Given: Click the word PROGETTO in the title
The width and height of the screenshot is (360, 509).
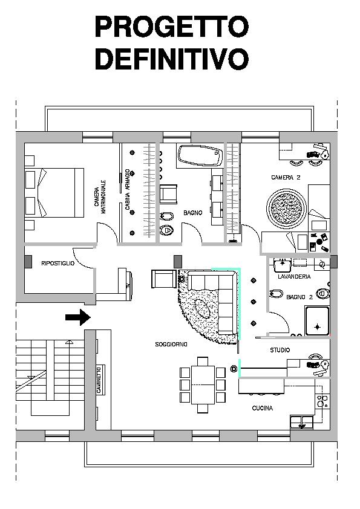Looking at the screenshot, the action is click(x=172, y=27).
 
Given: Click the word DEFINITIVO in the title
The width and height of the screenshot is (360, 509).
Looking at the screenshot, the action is click(x=172, y=59).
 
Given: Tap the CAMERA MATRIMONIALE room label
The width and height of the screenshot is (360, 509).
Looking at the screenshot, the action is click(x=100, y=196).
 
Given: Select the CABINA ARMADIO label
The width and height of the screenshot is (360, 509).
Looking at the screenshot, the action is click(x=128, y=190).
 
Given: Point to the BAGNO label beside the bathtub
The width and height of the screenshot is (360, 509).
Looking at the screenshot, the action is click(x=192, y=213).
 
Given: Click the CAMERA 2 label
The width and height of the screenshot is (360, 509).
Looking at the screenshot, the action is click(x=286, y=178).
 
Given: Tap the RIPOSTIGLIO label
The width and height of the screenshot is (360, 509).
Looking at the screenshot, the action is click(x=58, y=263).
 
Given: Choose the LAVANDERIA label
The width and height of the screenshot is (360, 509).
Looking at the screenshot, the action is click(x=294, y=277).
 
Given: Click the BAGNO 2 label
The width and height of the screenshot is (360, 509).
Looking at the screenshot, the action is click(x=299, y=297).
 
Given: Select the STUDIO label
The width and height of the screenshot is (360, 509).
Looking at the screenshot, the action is click(x=280, y=350).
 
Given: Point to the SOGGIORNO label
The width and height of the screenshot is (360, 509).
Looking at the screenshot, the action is click(x=171, y=345).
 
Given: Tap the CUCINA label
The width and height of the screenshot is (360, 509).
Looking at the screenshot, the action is click(x=263, y=408).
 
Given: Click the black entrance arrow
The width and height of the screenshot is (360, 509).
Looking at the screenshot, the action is click(x=78, y=317).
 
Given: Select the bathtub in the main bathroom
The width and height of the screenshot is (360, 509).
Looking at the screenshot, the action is click(x=200, y=156).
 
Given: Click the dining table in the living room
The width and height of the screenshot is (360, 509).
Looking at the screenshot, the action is click(x=203, y=384).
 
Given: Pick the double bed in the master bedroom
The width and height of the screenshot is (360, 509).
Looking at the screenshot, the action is click(x=54, y=193).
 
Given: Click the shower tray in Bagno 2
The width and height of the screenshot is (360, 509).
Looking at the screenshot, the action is click(x=317, y=321).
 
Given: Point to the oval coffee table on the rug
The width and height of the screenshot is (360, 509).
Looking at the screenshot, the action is click(x=202, y=308).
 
